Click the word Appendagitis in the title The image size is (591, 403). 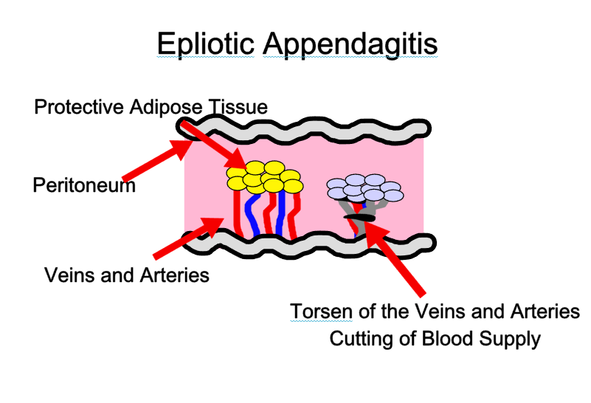(x=350, y=44)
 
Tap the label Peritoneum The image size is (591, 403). (x=84, y=185)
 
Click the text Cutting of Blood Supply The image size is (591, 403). (x=435, y=339)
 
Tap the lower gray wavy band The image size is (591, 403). (x=310, y=244)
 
